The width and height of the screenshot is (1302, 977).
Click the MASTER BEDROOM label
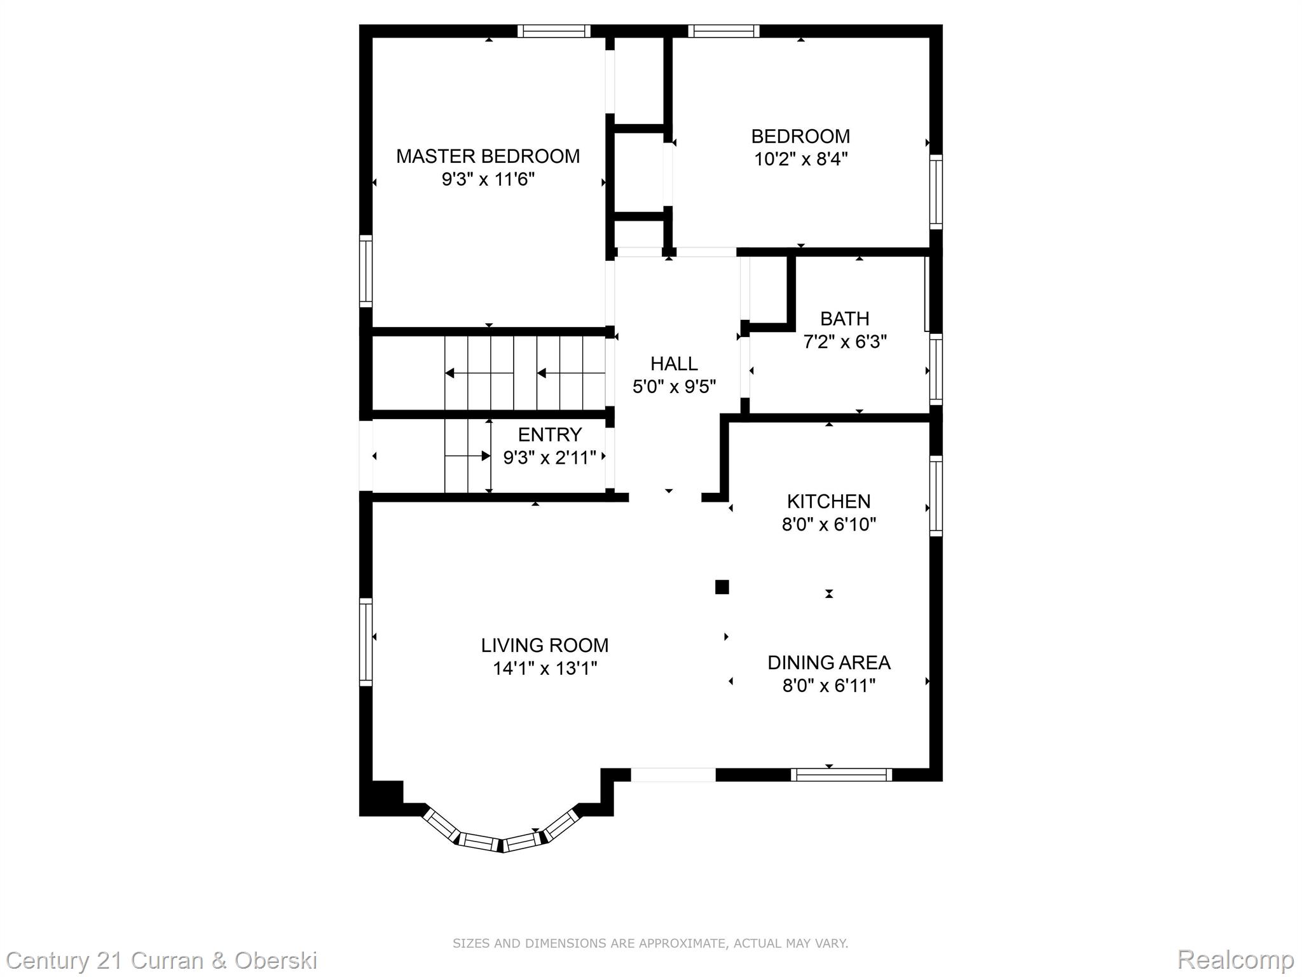point(488,156)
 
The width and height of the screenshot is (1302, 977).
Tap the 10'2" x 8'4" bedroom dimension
point(801,159)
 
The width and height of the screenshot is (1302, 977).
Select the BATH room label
point(844,318)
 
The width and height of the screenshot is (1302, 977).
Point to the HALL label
point(674,363)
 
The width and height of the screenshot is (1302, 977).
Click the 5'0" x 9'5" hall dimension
point(674,387)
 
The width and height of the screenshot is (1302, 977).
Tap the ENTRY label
point(550,434)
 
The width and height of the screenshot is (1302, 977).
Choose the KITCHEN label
point(828,501)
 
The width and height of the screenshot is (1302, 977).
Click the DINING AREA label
point(828,662)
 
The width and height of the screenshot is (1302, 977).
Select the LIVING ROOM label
point(545,645)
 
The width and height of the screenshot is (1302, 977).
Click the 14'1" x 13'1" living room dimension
point(545,669)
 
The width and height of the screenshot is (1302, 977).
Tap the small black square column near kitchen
point(722,586)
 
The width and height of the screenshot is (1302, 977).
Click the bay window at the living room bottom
point(502,834)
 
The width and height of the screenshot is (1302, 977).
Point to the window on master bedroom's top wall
point(554,31)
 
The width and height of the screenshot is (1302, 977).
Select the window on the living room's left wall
point(366,642)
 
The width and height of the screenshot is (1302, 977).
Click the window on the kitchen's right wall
point(936,495)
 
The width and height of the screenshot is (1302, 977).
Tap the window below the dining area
point(842,774)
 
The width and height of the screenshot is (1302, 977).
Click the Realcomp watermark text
point(1236,959)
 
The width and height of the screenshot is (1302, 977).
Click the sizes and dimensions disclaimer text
point(650,943)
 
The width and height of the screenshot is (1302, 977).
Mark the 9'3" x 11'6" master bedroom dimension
point(488,179)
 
